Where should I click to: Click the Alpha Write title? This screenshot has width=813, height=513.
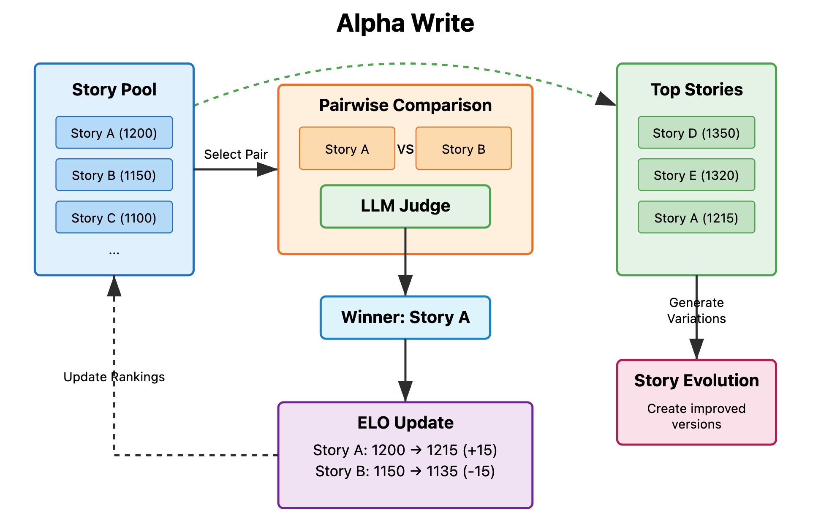[405, 23]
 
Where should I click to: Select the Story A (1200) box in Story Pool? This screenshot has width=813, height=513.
[114, 133]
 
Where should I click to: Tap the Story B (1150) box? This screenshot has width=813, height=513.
[114, 175]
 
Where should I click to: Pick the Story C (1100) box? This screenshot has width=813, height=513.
[114, 217]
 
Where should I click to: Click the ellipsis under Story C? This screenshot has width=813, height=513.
[114, 252]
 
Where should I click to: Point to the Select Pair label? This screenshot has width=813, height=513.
[236, 154]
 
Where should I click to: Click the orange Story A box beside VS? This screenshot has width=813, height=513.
[347, 149]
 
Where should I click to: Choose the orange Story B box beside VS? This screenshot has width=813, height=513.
[463, 149]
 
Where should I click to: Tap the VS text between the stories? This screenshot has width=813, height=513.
[405, 149]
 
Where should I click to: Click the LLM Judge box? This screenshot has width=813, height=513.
[405, 206]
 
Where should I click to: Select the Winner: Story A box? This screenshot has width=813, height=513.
[405, 317]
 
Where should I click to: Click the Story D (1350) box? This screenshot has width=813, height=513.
[696, 133]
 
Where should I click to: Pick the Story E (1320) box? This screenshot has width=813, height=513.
[696, 175]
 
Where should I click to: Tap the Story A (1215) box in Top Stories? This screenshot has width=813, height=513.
[696, 217]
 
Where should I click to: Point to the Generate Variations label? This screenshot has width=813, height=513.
[696, 310]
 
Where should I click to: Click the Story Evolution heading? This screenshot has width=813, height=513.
[696, 380]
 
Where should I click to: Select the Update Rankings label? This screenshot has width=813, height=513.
[114, 377]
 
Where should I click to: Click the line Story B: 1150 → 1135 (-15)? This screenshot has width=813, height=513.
[405, 471]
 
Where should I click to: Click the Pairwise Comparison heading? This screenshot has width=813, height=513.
[405, 105]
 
